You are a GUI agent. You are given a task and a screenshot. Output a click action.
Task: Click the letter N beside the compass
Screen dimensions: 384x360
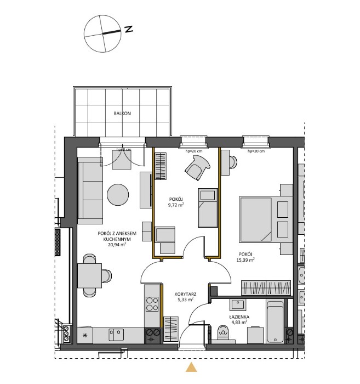[129, 30]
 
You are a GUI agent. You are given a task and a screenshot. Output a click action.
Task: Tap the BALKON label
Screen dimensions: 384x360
[122, 113]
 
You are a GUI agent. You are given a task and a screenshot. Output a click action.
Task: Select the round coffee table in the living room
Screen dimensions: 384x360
[118, 194]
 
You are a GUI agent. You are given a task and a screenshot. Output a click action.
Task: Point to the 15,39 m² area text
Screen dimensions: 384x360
[245, 260]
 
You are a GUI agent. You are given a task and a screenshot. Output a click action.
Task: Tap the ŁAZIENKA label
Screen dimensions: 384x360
[239, 317]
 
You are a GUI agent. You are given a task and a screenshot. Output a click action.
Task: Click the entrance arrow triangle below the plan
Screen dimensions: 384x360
[191, 368]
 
